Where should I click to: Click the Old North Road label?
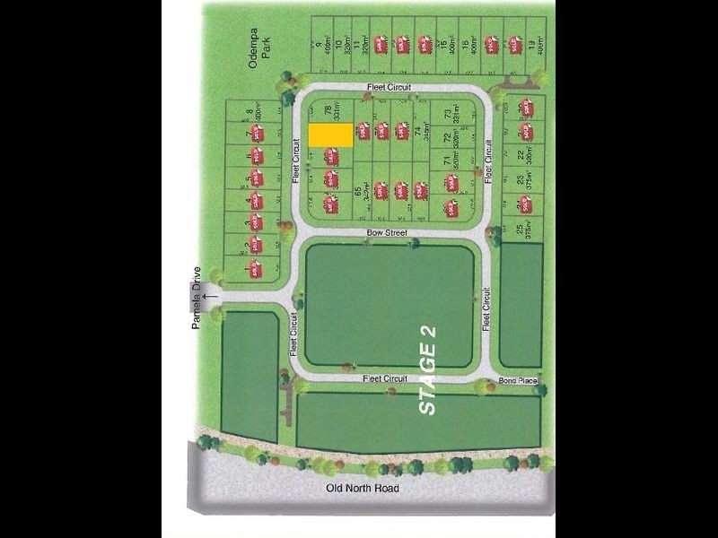[363, 489]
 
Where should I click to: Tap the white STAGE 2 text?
[429, 369]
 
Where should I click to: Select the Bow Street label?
[387, 233]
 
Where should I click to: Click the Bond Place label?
[518, 380]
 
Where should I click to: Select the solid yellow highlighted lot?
[329, 135]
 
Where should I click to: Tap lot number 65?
[358, 190]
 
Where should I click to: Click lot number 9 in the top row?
[320, 42]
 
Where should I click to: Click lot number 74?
[417, 133]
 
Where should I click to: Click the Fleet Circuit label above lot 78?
[387, 87]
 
